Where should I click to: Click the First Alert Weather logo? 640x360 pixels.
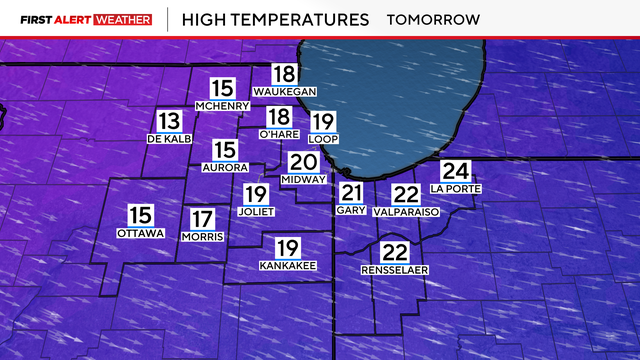click(x=85, y=19)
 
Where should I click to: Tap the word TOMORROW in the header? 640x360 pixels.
click(x=433, y=19)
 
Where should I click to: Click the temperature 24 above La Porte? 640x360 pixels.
click(x=456, y=172)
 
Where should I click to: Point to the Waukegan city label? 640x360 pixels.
click(x=285, y=91)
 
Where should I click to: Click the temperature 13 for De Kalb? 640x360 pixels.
click(x=167, y=121)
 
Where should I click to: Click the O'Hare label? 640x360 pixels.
click(x=279, y=134)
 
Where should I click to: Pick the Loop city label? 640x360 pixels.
click(x=325, y=138)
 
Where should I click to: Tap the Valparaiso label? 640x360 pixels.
click(x=406, y=213)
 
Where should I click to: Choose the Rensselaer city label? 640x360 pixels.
click(x=395, y=271)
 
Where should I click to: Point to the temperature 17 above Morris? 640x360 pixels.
click(x=203, y=219)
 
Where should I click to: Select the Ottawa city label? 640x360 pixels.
click(x=140, y=233)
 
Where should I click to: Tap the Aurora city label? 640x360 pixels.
click(x=224, y=167)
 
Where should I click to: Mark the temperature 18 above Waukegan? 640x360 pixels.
click(x=285, y=73)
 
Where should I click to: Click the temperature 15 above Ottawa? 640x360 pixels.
click(x=140, y=215)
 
